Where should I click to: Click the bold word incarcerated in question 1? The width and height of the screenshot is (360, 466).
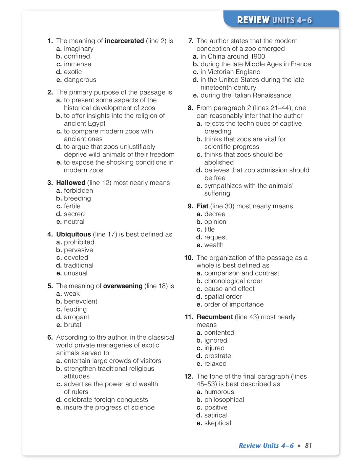pos(124,41)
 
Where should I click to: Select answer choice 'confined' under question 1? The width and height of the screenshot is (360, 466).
pos(77,56)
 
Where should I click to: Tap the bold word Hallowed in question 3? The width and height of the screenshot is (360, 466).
pos(70,183)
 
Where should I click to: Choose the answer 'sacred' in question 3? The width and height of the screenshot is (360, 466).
pos(74,214)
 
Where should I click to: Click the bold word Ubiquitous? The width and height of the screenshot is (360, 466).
pos(73,234)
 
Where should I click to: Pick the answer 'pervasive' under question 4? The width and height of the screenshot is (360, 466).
pos(78,250)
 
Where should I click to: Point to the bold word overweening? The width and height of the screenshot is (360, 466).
pos(123,286)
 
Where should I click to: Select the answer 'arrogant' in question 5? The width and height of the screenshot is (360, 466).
pos(77,317)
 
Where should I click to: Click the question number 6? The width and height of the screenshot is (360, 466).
pos(50,338)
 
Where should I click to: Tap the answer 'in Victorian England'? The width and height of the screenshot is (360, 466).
pos(230,72)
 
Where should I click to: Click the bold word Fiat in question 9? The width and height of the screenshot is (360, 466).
pos(202,206)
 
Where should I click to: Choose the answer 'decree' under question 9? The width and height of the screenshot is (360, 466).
pos(215,214)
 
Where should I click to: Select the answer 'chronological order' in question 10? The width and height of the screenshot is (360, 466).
pos(233,281)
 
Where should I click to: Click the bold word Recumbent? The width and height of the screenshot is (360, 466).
pos(215,317)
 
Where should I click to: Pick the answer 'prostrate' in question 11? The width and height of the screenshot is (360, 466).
pos(217,356)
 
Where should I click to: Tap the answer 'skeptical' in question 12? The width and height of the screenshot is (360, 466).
pos(217,423)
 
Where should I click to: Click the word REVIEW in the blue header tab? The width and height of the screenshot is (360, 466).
pos(253,20)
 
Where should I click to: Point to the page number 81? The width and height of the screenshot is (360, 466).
pos(308,446)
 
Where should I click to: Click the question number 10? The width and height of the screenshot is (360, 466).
pos(189,258)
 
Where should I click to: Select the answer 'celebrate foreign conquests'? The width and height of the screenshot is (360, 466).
pos(106,400)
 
